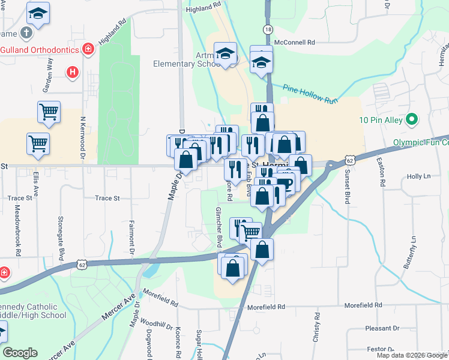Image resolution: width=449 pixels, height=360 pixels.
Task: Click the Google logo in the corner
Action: [x=20, y=353]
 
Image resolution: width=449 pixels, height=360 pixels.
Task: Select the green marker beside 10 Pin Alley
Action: [x=411, y=120]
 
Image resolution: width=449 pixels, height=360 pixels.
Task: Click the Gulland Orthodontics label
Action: [x=40, y=49]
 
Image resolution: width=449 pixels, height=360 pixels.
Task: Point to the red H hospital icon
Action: [x=73, y=72]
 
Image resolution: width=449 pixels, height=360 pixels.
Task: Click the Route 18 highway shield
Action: [x=268, y=29]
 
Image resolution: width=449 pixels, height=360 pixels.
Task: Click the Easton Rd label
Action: [x=382, y=172]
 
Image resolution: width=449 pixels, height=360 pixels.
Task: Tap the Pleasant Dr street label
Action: [x=383, y=328]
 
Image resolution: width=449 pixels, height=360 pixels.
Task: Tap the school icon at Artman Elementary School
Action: [x=226, y=54]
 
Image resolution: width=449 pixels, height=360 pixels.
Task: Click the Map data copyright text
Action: [x=412, y=355]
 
